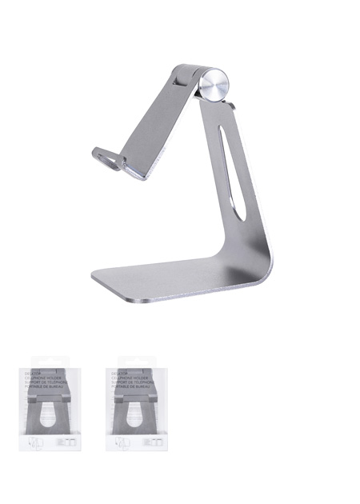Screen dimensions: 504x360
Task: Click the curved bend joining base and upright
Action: (260, 264)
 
